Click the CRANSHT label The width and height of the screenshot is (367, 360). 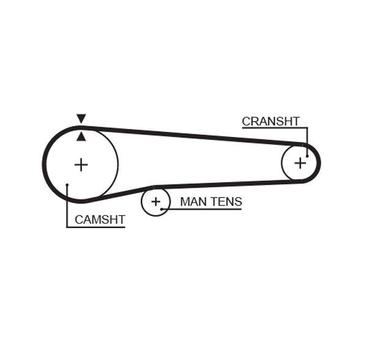click(x=270, y=121)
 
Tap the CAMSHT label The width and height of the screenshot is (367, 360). click(x=100, y=219)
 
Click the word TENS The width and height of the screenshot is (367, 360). click(x=226, y=201)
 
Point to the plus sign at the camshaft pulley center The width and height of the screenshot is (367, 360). click(x=81, y=164)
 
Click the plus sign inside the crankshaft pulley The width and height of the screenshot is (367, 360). click(x=300, y=163)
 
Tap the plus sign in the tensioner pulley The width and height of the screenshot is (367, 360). click(x=156, y=201)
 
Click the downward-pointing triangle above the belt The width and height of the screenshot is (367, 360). click(x=81, y=118)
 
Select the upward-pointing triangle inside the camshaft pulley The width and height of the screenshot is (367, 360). click(x=81, y=136)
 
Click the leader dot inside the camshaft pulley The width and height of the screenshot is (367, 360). click(x=67, y=184)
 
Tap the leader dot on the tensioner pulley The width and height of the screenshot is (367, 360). click(x=162, y=209)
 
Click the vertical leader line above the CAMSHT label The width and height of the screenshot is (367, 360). click(x=67, y=208)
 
